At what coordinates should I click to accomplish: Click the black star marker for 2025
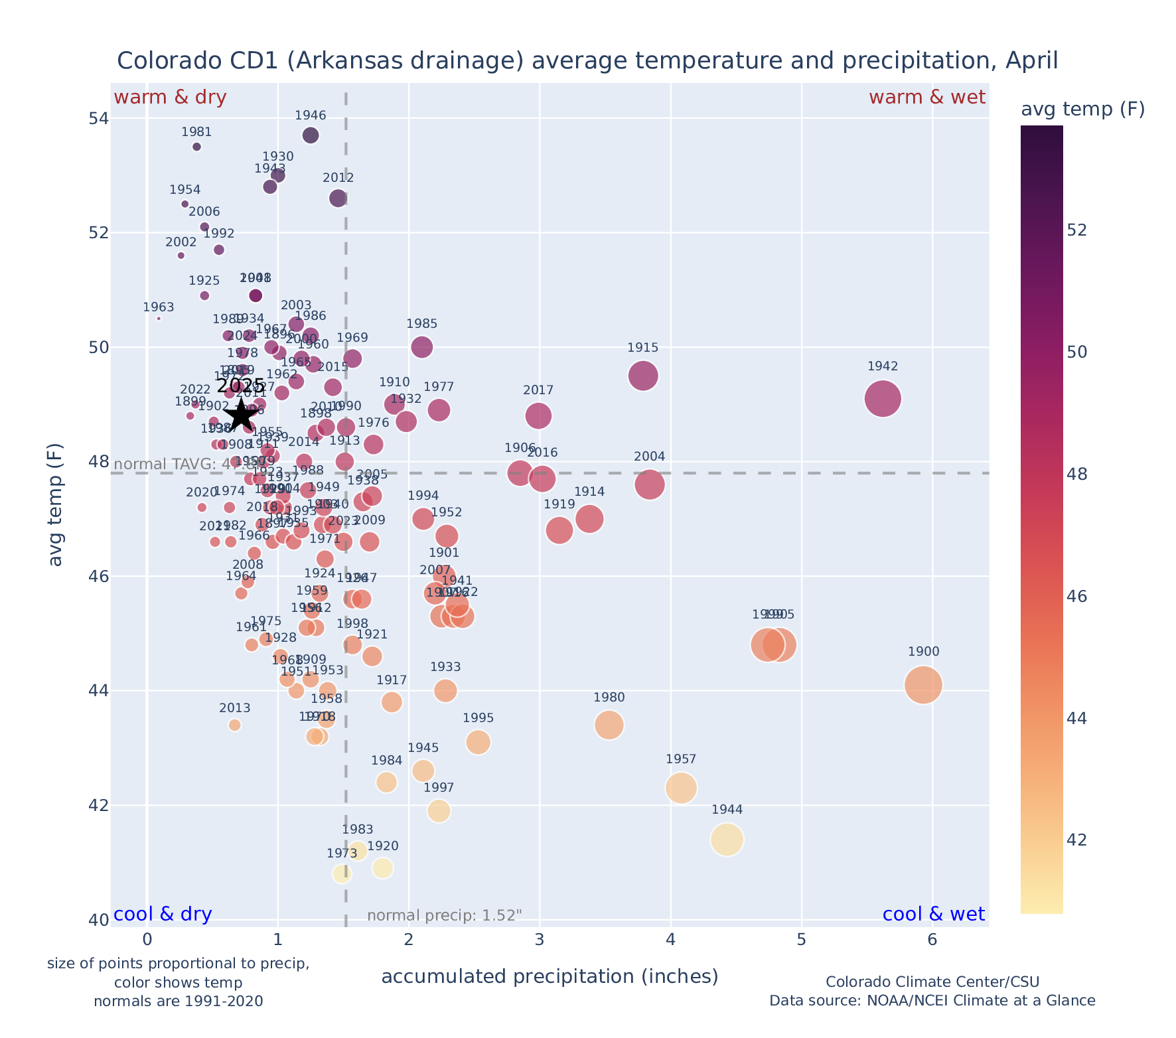[242, 415]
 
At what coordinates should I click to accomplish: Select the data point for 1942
[882, 399]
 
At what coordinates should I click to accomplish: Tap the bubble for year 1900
[922, 685]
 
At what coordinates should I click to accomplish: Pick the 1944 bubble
[726, 840]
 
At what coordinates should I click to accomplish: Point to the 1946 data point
[310, 135]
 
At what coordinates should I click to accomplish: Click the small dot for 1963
[159, 319]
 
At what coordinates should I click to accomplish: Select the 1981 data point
[196, 147]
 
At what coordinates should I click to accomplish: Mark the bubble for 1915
[642, 376]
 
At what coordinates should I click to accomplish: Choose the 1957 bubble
[680, 788]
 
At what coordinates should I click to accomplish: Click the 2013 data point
[234, 725]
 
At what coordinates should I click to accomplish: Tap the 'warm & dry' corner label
[170, 98]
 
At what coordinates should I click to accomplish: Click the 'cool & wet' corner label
[933, 915]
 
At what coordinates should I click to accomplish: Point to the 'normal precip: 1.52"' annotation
[444, 916]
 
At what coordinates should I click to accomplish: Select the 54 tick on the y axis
[98, 119]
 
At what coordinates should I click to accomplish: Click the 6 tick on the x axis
[932, 940]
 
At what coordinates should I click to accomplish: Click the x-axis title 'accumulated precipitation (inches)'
[550, 976]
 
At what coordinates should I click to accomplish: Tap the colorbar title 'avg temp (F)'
[1082, 109]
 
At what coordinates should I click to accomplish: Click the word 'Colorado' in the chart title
[166, 60]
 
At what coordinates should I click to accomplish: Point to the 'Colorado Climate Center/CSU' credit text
[932, 982]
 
